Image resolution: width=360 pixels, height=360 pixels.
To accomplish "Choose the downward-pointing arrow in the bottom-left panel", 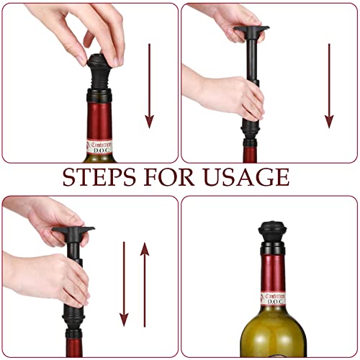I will [124, 284].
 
